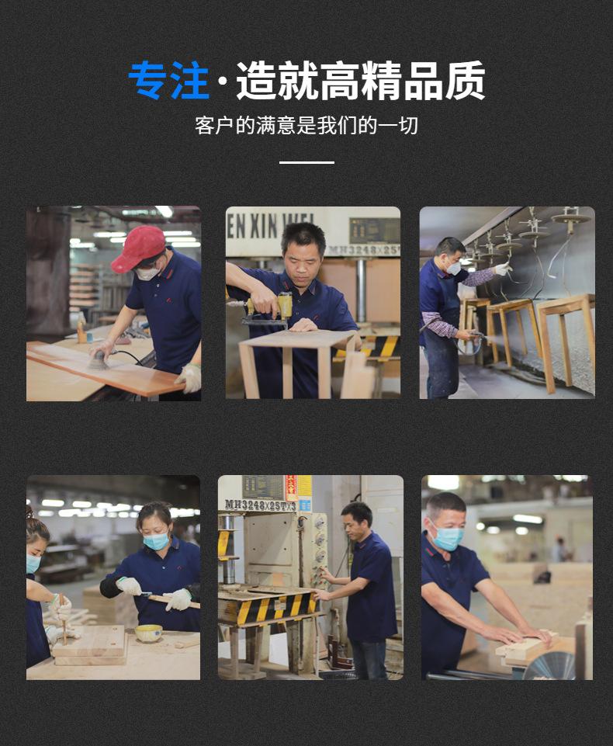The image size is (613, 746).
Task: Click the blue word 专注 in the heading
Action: pyautogui.click(x=169, y=80)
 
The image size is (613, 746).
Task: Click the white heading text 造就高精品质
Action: pyautogui.click(x=361, y=80)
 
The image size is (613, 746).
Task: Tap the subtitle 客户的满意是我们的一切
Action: pyautogui.click(x=306, y=125)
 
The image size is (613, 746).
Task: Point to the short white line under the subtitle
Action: pyautogui.click(x=306, y=162)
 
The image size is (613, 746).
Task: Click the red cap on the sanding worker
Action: pyautogui.click(x=139, y=247)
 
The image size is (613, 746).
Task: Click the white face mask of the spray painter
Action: pyautogui.click(x=453, y=268)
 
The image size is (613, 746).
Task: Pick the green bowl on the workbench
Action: pyautogui.click(x=148, y=633)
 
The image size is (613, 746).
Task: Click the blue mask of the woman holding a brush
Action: pyautogui.click(x=156, y=541)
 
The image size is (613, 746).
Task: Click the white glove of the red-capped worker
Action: pyautogui.click(x=189, y=377)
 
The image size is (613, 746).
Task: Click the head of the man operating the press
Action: pyautogui.click(x=357, y=516)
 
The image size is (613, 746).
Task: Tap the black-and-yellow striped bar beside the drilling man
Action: pyautogui.click(x=381, y=346)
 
